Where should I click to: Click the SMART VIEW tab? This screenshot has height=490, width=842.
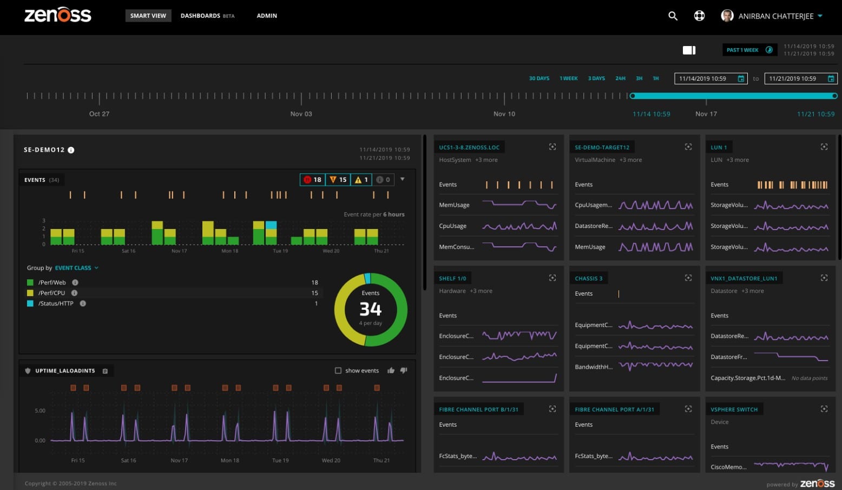148,16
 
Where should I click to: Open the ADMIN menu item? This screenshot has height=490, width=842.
266,16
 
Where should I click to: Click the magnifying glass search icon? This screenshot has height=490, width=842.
673,16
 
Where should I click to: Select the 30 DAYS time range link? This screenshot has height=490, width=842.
538,79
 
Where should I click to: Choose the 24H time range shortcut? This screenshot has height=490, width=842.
620,79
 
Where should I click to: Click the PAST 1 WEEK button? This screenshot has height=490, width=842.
749,50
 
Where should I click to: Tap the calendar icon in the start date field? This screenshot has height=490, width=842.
741,79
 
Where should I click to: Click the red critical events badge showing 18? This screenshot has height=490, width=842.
313,180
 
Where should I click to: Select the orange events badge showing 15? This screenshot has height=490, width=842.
338,180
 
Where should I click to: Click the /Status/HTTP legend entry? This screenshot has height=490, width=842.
56,304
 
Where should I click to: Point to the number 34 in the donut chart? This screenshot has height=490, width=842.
371,309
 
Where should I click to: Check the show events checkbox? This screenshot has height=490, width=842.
338,371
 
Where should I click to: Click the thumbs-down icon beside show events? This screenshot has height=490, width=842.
403,371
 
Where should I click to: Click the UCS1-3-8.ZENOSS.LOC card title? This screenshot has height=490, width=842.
469,147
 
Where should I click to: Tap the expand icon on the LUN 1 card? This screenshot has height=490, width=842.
824,147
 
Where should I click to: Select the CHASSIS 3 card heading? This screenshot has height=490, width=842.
588,278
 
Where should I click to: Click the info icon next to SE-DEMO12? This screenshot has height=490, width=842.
71,150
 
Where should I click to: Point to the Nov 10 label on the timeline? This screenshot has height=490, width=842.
504,114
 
